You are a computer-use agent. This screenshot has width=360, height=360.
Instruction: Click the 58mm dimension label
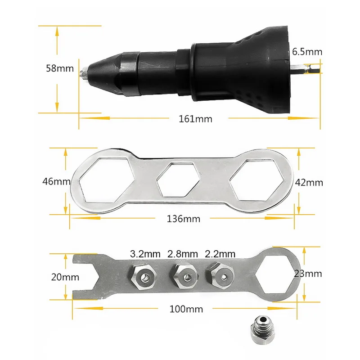[x=59, y=69]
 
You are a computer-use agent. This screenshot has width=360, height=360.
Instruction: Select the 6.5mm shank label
[x=307, y=52]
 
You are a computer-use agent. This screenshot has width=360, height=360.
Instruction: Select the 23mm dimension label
[x=308, y=273]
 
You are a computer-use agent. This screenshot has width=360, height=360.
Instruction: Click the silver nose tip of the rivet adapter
[x=84, y=72]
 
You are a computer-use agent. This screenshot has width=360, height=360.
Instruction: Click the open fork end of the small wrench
[x=82, y=275]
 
